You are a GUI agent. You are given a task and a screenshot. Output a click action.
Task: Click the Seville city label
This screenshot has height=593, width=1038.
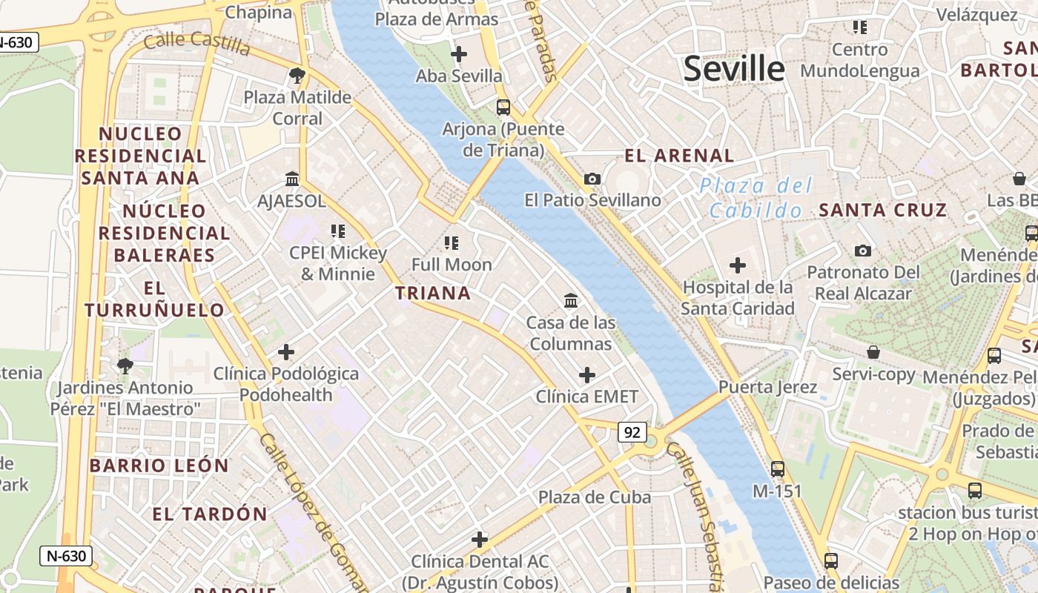coord(733,69)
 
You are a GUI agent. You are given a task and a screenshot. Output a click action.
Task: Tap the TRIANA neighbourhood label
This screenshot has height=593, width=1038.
coord(433,294)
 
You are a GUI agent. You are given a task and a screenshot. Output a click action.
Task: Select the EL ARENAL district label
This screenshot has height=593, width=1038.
coord(679,156)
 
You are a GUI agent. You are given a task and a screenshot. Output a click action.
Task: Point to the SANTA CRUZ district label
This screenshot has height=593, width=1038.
coord(883,211)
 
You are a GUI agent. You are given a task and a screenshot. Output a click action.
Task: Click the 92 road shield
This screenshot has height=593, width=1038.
coord(632,432)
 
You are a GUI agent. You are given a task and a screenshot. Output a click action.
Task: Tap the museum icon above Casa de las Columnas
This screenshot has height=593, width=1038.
coord(571,301)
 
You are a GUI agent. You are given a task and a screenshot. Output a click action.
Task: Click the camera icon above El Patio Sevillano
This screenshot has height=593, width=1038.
coord(592,179)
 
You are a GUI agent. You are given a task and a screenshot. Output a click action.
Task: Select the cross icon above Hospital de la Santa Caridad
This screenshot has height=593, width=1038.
coord(737,265)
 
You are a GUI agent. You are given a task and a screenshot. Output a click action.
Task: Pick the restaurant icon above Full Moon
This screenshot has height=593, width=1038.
coord(451,242)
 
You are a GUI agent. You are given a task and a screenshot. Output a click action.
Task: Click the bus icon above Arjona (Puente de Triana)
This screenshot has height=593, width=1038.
coord(503,107)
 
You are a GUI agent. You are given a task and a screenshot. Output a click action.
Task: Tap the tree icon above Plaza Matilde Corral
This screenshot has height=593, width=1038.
coord(297,75)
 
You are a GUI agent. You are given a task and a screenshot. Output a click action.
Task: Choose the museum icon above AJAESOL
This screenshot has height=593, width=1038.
coord(291,179)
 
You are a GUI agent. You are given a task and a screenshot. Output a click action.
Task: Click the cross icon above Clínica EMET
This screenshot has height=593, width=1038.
coord(586,375)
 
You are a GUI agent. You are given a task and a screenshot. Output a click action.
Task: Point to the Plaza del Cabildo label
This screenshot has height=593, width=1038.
coord(756,198)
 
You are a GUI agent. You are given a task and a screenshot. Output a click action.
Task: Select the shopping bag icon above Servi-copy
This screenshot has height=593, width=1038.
coord(873,352)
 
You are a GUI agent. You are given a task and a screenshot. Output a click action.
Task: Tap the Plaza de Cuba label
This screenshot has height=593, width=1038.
coord(595,497)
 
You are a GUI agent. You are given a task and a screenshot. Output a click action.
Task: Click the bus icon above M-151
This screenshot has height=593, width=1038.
coord(777,469)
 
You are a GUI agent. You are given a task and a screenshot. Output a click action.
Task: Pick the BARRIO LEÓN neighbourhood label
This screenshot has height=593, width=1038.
coord(159,466)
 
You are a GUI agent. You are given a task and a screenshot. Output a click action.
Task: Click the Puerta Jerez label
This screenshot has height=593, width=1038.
coord(767,387)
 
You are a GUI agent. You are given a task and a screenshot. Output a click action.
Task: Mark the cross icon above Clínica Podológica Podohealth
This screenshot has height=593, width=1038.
coord(286,352)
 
